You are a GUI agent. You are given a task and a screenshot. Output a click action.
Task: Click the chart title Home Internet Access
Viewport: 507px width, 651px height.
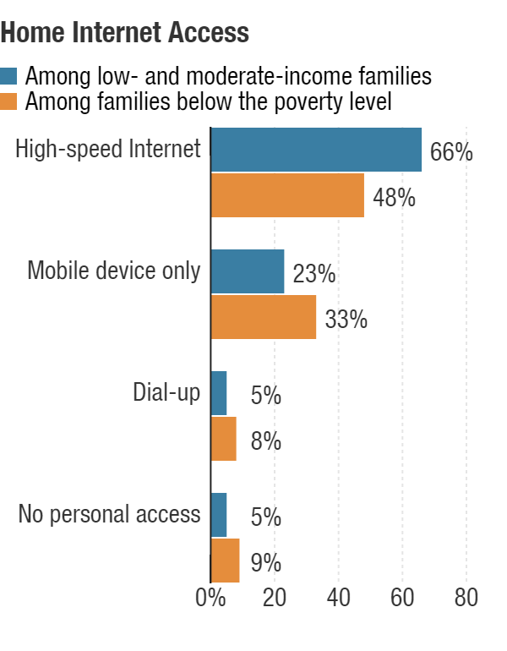coord(125,33)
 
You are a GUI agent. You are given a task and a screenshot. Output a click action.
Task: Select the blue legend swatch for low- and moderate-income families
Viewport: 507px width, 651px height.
coord(9,77)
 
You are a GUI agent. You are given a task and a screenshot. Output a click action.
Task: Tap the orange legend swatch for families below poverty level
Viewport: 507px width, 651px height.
coord(9,101)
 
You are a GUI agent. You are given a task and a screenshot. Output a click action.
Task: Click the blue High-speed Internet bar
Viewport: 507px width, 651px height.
coord(315,150)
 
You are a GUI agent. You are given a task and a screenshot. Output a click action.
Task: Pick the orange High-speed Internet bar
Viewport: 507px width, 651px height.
coord(286,195)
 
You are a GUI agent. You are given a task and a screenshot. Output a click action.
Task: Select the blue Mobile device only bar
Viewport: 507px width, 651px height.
coord(247,271)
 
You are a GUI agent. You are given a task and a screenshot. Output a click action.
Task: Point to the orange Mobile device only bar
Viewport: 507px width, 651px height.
coord(263,317)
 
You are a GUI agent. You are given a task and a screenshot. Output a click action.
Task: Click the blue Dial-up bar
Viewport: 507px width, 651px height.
coord(218,393)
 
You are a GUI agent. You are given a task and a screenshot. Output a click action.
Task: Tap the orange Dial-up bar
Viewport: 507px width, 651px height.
coord(223,439)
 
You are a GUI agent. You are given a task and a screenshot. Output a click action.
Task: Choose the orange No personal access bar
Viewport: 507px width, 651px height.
coord(225,561)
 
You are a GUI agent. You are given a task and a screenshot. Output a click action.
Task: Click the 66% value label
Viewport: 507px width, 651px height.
coord(451,153)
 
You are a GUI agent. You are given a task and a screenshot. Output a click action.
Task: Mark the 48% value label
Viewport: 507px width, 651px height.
coord(394,199)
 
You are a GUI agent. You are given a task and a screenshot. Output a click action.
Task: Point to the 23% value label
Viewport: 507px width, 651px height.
coord(314,275)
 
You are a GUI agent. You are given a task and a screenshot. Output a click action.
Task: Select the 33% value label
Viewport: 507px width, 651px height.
coord(346,320)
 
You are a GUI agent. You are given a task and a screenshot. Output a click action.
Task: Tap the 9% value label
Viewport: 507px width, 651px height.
coord(265,564)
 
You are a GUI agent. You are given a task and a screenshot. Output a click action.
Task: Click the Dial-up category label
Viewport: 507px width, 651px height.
coord(166,392)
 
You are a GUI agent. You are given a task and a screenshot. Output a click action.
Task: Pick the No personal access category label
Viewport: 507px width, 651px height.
coord(109,514)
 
